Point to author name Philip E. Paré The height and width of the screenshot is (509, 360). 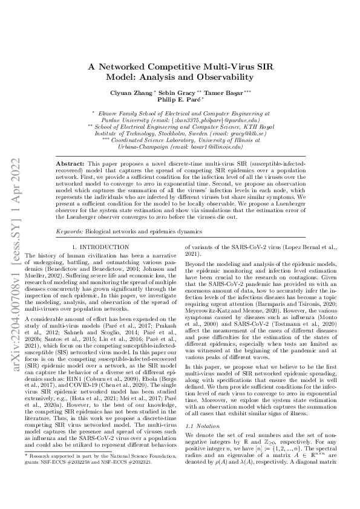pyautogui.click(x=180, y=101)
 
